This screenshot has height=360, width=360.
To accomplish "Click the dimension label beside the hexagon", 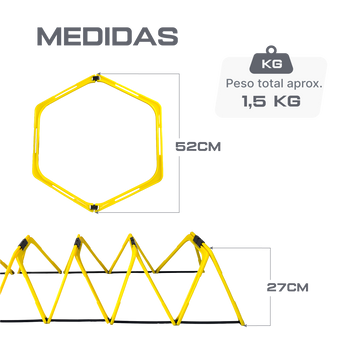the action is coord(198,146).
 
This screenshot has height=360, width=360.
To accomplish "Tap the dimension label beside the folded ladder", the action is coord(287,287).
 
